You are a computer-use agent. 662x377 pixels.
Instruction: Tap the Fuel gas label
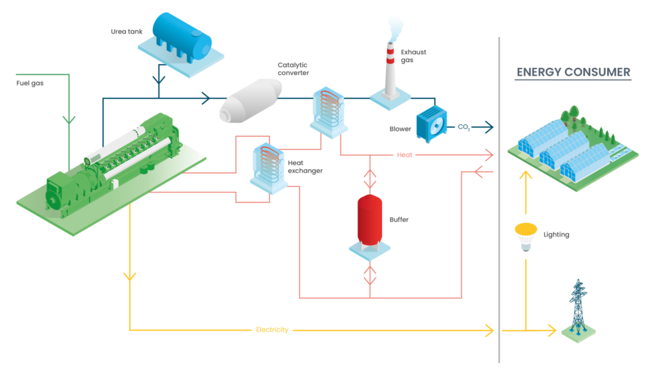[x=29, y=83]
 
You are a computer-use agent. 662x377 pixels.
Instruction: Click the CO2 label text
[x=464, y=127]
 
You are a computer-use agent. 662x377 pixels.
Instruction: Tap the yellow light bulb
[x=526, y=236]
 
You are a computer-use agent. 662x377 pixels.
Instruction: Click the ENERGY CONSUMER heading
[x=573, y=72]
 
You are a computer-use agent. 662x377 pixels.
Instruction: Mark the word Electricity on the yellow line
[x=272, y=330]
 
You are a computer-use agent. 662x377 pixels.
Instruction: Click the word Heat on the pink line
[x=404, y=155]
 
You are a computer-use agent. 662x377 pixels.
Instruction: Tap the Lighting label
[x=556, y=235]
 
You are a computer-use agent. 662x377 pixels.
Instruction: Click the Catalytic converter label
[x=292, y=69]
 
